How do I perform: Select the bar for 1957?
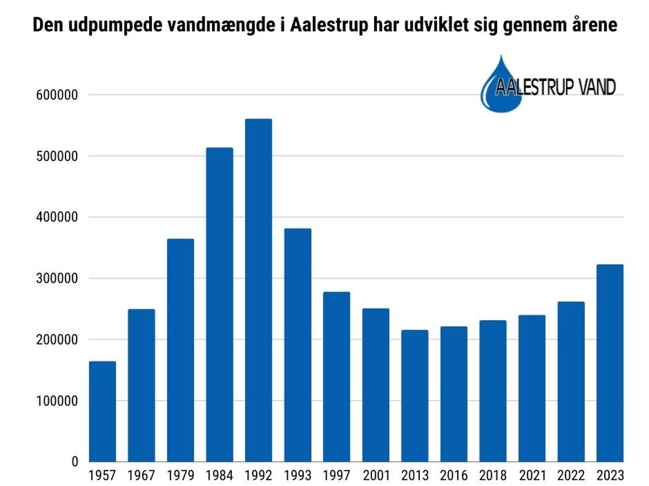(102, 411)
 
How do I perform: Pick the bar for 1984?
(220, 305)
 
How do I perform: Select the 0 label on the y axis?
(74, 462)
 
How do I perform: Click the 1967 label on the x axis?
(141, 476)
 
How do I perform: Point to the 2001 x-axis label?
(376, 476)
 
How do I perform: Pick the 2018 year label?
(493, 476)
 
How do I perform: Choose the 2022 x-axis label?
(571, 476)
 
